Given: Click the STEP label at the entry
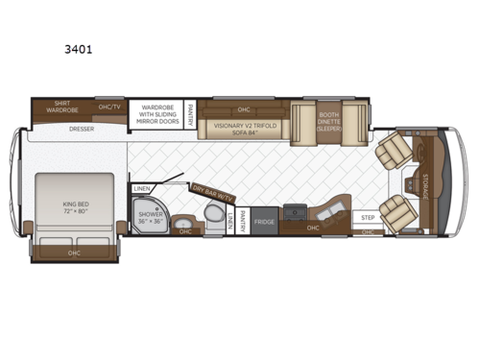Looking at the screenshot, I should tap(368, 218).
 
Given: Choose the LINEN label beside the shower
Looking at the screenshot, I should tap(142, 188).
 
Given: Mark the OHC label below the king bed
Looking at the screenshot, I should tap(74, 252).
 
